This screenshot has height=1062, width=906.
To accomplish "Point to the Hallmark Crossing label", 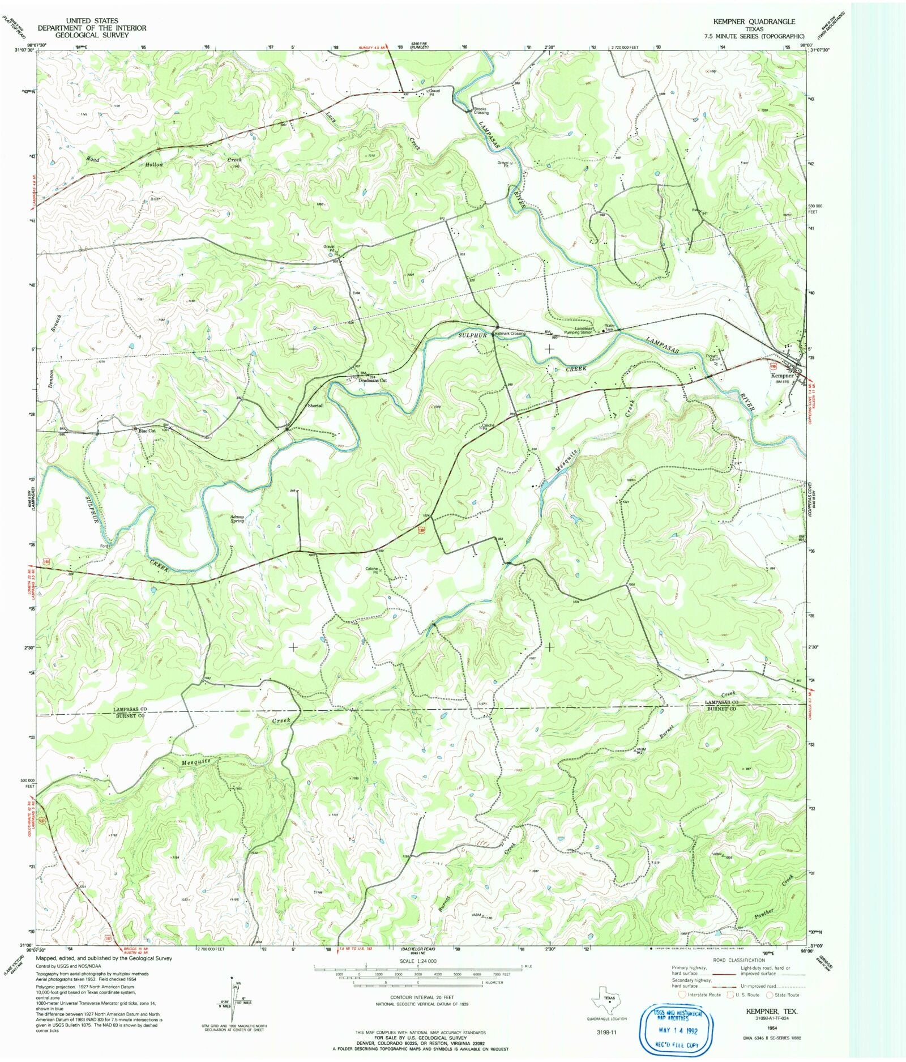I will pyautogui.click(x=510, y=334).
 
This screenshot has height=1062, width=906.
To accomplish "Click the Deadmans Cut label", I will pyautogui.click(x=373, y=381).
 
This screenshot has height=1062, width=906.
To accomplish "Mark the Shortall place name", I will pyautogui.click(x=315, y=406).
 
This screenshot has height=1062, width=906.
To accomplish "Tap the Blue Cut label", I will pyautogui.click(x=147, y=430).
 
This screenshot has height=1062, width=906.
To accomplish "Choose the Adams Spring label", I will pyautogui.click(x=237, y=518).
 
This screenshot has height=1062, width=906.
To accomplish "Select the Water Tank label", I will pyautogui.click(x=609, y=327).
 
